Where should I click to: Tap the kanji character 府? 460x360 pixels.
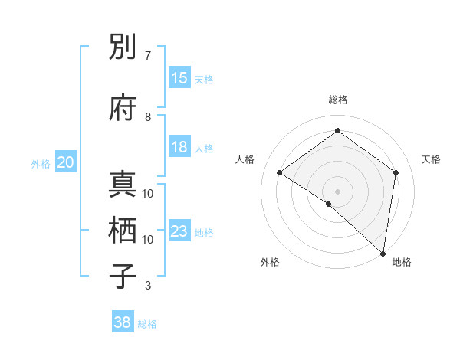(x=123, y=108)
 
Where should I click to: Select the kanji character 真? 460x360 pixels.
(x=123, y=185)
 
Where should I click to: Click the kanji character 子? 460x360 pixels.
(x=123, y=277)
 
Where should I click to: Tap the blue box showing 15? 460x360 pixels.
(x=179, y=78)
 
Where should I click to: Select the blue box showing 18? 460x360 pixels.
(x=179, y=148)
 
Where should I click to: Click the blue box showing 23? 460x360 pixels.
(x=179, y=231)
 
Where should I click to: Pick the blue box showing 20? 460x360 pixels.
(x=66, y=162)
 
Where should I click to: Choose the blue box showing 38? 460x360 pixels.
(x=123, y=322)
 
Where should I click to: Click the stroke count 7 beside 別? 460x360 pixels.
(x=148, y=55)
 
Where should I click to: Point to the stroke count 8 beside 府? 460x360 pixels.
(x=148, y=116)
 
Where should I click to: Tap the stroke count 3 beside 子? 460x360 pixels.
(x=148, y=286)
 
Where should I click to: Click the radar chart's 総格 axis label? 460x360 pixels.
(x=338, y=100)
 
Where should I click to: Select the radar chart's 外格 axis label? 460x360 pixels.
(x=270, y=263)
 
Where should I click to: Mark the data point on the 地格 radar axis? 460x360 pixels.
(x=383, y=253)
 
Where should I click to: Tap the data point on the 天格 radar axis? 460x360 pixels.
(x=396, y=172)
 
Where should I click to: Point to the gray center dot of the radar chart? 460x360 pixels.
(x=337, y=191)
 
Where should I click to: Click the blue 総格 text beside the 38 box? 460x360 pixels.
(x=147, y=324)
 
